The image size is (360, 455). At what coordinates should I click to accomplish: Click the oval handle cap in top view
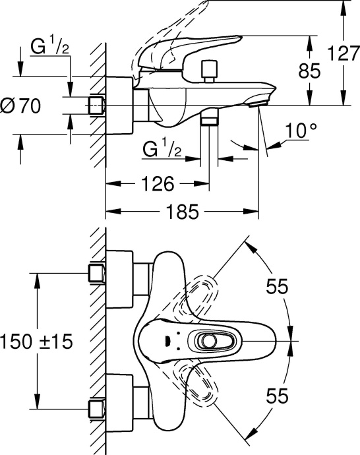pyautogui.click(x=208, y=341)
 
